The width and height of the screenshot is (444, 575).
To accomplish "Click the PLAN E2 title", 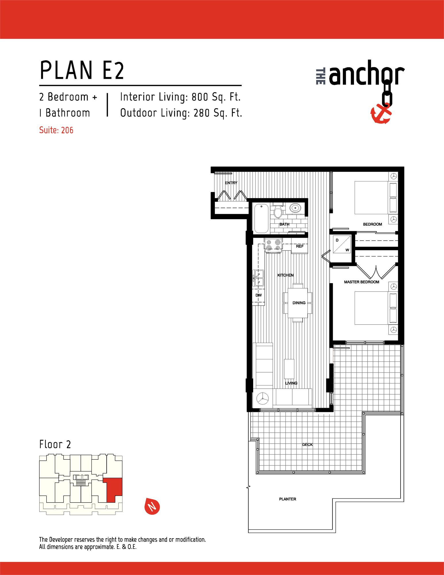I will pyautogui.click(x=82, y=70).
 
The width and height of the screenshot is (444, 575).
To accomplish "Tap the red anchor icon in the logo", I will pyautogui.click(x=380, y=114).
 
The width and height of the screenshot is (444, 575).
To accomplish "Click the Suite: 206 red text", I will pyautogui.click(x=56, y=130).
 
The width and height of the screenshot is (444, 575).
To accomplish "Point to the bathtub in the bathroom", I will pyautogui.click(x=261, y=218).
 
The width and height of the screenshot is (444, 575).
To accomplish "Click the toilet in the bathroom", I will pyautogui.click(x=278, y=212).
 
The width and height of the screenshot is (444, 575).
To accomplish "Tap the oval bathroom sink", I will pyautogui.click(x=295, y=208).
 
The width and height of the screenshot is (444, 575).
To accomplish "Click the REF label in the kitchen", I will pyautogui.click(x=299, y=246).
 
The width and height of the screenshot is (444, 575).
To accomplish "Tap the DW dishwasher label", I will pyautogui.click(x=258, y=295).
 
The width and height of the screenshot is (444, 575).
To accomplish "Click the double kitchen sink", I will pyautogui.click(x=258, y=278).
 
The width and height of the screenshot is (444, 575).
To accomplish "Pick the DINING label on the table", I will pyautogui.click(x=299, y=303).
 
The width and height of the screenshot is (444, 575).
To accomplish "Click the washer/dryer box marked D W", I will pyautogui.click(x=342, y=244).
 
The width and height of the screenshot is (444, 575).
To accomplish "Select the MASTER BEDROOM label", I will pyautogui.click(x=362, y=282).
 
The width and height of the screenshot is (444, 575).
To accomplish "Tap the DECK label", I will pyautogui.click(x=307, y=444).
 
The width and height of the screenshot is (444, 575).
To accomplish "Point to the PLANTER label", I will pyautogui.click(x=287, y=499).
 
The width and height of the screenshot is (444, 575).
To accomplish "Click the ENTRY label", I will pyautogui.click(x=231, y=183).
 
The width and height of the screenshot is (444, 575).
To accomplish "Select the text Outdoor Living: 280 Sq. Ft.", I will pyautogui.click(x=181, y=113).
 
